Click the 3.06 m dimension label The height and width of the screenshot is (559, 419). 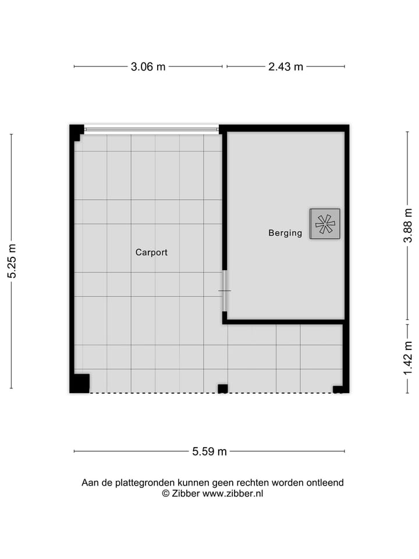click(x=148, y=66)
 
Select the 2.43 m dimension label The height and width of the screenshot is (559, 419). click(x=285, y=66)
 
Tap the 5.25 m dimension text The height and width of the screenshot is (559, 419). click(x=12, y=260)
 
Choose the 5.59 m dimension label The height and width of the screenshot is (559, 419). click(x=210, y=451)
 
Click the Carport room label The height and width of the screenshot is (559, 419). click(x=151, y=253)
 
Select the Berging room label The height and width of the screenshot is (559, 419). click(x=285, y=233)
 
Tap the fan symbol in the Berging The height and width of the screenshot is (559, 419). click(x=325, y=223)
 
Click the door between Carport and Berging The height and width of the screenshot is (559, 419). click(x=225, y=291)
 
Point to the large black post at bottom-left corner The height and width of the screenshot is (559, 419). click(x=80, y=383)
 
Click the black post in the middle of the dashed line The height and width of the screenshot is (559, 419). click(x=222, y=388)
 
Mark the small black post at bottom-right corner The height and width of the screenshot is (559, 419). click(x=338, y=389)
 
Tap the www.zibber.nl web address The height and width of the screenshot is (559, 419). click(x=233, y=493)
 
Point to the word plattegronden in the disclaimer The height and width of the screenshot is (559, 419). click(x=140, y=483)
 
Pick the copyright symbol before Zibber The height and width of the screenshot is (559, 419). click(x=165, y=493)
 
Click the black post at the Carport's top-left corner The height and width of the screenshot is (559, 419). click(x=76, y=132)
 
